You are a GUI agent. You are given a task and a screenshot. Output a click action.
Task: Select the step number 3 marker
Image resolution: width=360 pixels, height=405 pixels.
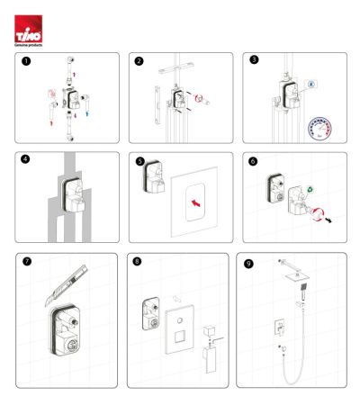click(254, 61)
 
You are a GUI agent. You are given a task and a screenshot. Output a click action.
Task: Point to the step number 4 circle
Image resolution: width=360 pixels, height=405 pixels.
click(27, 162)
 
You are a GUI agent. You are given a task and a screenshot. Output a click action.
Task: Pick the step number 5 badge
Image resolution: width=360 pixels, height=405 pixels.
click(139, 162)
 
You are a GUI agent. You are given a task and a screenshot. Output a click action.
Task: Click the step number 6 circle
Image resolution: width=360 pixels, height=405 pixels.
click(254, 162)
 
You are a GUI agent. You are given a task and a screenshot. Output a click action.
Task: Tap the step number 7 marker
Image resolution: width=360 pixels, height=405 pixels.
click(27, 263)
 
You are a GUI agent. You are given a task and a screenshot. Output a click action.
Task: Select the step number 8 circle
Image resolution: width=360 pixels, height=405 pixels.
click(137, 263)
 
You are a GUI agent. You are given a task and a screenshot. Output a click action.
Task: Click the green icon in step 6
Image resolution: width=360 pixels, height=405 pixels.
click(310, 191)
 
